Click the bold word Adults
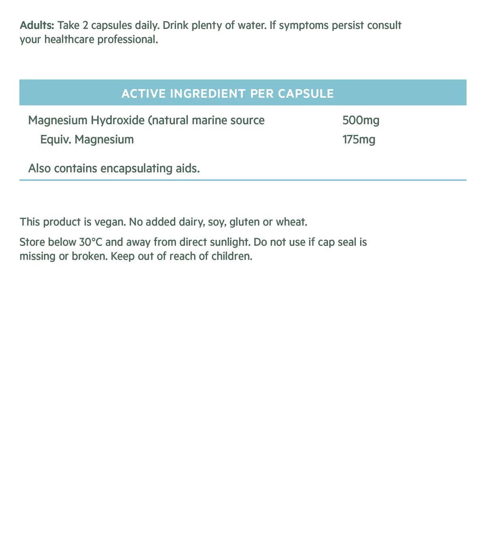[37, 26]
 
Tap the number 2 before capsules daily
[85, 26]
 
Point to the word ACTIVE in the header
[144, 94]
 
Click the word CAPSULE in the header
[306, 94]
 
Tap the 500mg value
[361, 120]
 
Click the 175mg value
[359, 140]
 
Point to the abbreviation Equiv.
[56, 140]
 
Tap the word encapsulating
[136, 169]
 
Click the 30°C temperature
[91, 242]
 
